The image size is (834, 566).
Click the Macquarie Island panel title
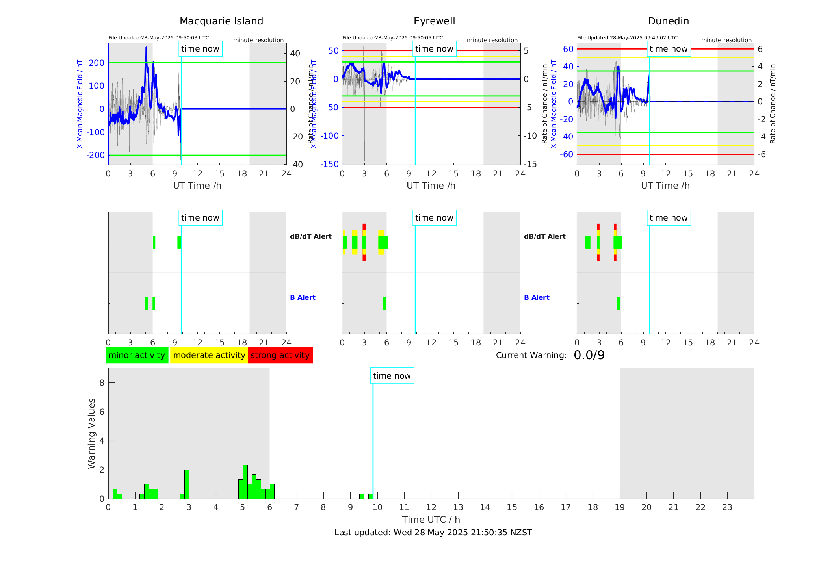[221, 21]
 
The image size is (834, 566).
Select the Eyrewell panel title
[434, 21]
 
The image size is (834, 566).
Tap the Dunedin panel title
[668, 21]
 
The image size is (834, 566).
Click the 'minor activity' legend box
[137, 355]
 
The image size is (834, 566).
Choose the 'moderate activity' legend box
[209, 355]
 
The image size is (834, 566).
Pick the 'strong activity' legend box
[280, 355]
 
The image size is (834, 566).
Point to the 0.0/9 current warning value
[589, 355]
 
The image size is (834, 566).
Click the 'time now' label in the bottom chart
[392, 376]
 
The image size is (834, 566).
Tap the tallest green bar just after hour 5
[245, 481]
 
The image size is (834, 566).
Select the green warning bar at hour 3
[187, 484]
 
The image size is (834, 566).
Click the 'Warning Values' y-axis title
[92, 433]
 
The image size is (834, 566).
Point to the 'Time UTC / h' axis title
[431, 520]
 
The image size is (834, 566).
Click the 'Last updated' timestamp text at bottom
[433, 533]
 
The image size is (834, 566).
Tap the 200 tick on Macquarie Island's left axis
[97, 63]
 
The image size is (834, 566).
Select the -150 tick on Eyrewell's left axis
[329, 164]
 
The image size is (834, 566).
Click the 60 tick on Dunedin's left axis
[568, 49]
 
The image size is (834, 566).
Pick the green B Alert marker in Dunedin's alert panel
[619, 303]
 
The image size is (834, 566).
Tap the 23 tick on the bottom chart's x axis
[727, 507]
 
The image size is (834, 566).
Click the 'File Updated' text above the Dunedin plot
[627, 38]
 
